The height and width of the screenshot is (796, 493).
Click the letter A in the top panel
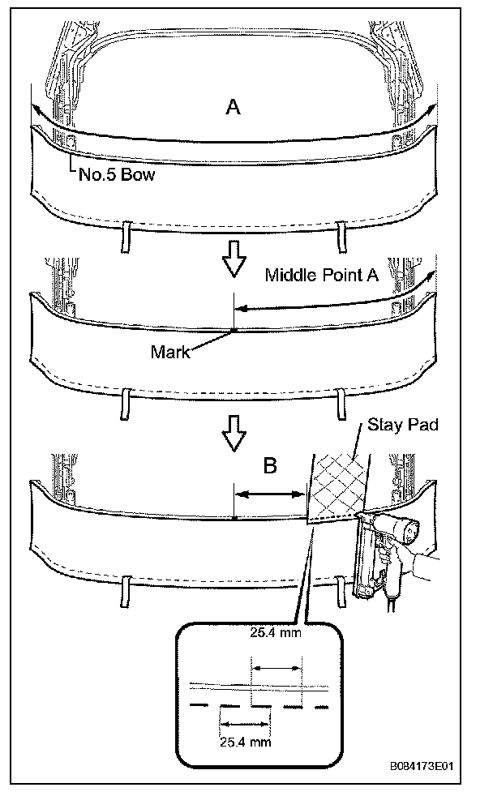pyautogui.click(x=233, y=107)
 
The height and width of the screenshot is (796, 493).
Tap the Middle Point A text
pyautogui.click(x=322, y=276)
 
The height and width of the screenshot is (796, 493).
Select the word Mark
pyautogui.click(x=169, y=352)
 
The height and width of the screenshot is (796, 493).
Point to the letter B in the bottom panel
pyautogui.click(x=269, y=465)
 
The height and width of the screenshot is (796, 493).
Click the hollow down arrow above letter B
pyautogui.click(x=234, y=434)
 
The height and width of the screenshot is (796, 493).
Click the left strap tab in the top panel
pyautogui.click(x=126, y=235)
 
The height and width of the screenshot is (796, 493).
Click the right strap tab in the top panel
pyautogui.click(x=341, y=236)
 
